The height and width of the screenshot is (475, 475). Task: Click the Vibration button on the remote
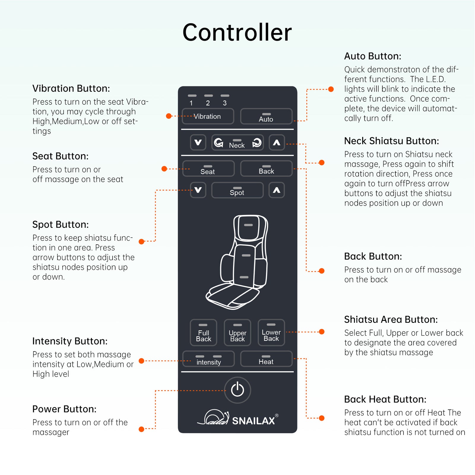[x=208, y=116]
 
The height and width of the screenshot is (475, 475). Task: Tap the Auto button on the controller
[x=266, y=116]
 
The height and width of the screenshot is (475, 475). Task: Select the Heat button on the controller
[x=266, y=359]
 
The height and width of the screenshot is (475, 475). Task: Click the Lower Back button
[x=271, y=333]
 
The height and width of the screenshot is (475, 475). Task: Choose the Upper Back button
[x=237, y=333]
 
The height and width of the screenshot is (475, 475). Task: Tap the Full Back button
[x=204, y=333]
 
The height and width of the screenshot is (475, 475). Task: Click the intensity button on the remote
[x=208, y=359]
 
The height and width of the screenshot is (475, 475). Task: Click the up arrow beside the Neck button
[x=277, y=142]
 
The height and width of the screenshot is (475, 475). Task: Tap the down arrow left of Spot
[x=198, y=190]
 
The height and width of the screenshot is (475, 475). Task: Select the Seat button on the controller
[x=208, y=169]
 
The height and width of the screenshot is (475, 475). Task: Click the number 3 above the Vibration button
[x=225, y=103]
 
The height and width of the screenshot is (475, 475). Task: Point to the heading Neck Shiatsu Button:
[x=391, y=141]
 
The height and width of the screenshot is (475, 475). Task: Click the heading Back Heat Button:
[x=385, y=399]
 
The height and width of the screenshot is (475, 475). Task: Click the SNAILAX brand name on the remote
[x=254, y=421]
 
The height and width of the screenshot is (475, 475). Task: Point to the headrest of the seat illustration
[x=249, y=227]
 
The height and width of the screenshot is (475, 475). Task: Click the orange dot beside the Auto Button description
[x=331, y=89]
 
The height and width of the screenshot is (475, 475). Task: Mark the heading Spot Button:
[x=61, y=224]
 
